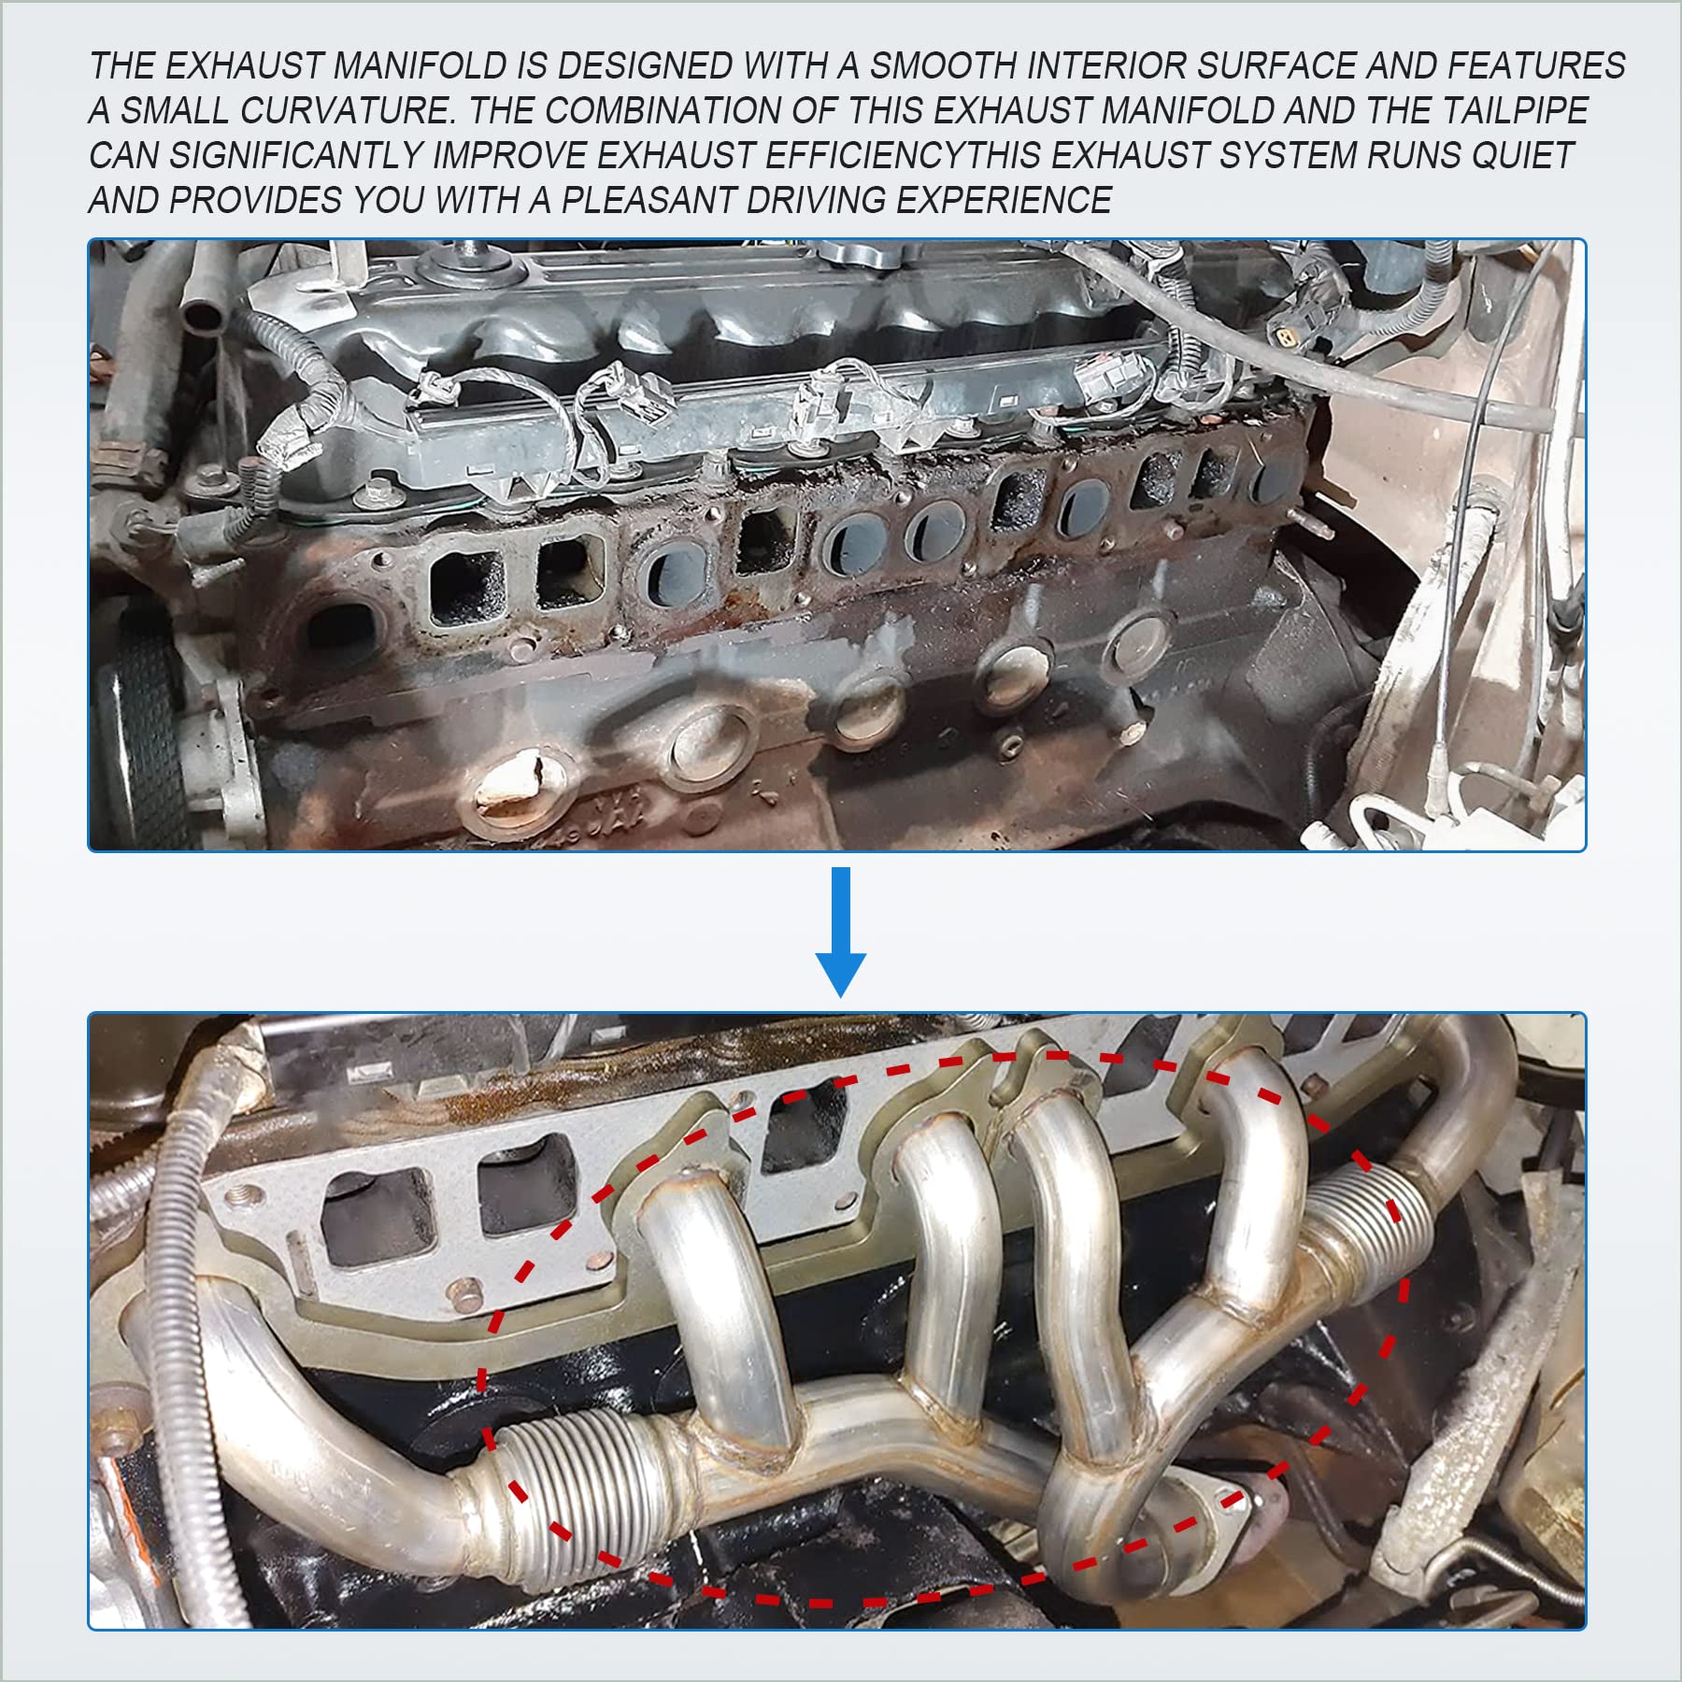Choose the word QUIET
(1523, 156)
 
